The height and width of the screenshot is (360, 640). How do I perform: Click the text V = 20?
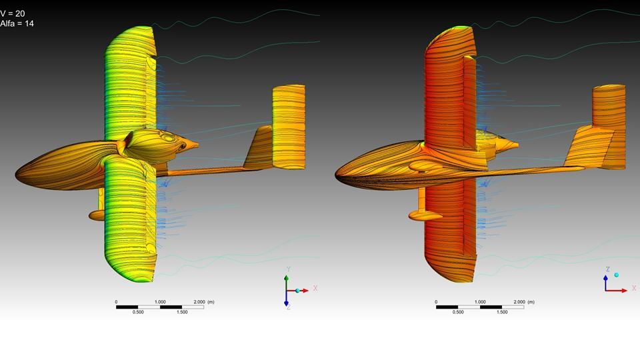[x=13, y=14]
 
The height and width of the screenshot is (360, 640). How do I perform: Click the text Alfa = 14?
[x=17, y=24]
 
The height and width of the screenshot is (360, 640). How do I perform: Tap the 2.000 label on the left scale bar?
[x=199, y=302]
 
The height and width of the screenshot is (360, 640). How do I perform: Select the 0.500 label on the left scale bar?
[x=138, y=312]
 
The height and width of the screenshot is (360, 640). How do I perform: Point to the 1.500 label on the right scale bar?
[x=502, y=312]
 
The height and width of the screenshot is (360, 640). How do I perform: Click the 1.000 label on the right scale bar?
[x=480, y=302]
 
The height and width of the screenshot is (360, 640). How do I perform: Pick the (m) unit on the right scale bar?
[x=531, y=302]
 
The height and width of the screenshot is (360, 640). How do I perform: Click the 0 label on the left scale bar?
[x=116, y=302]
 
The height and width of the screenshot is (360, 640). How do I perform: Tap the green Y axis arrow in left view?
[x=287, y=283]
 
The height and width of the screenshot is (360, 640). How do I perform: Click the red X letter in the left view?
[x=315, y=288]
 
